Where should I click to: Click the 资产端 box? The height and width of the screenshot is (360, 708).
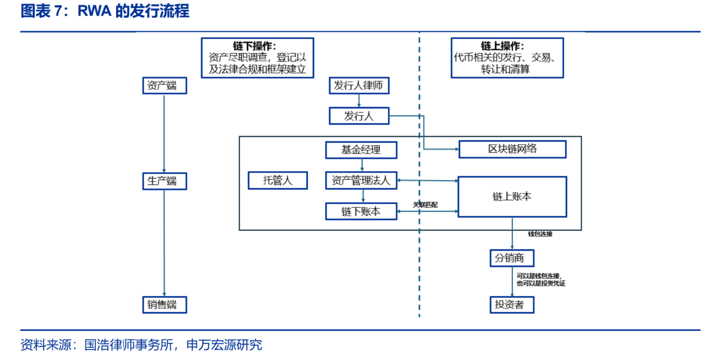point(165,86)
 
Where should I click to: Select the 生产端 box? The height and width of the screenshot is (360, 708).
point(165,181)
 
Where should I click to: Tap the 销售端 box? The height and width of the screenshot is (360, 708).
point(165,305)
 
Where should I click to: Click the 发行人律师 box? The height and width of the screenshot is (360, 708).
point(359,86)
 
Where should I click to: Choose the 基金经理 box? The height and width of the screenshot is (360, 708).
point(362,150)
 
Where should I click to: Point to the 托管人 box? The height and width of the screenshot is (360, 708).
point(278,181)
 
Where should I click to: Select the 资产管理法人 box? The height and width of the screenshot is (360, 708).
point(362,181)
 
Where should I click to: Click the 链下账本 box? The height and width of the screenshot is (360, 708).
point(362,211)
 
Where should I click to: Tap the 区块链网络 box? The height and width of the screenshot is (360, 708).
point(512,149)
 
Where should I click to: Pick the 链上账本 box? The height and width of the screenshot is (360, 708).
point(512,197)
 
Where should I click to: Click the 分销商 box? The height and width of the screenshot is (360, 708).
point(512,258)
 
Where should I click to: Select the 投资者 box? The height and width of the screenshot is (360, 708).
point(512,305)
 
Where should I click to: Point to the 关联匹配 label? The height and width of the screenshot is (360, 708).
point(425,205)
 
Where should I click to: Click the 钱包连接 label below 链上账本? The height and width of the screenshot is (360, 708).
point(540,234)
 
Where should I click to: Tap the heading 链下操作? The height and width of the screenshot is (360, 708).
point(255,46)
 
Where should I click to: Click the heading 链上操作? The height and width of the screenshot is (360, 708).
point(502,46)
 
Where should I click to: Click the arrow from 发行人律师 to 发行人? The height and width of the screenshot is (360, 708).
point(359,101)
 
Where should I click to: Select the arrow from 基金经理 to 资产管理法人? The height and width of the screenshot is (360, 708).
point(362,165)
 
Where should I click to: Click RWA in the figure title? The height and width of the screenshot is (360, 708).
point(94,11)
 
